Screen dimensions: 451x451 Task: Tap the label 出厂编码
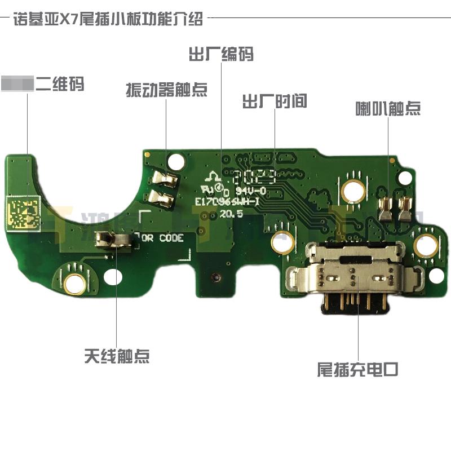click(x=221, y=54)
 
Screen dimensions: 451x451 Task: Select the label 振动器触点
click(x=166, y=90)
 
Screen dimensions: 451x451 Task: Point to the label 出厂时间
click(x=275, y=102)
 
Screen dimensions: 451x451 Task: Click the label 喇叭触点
click(x=388, y=108)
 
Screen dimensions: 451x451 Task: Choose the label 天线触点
click(x=117, y=356)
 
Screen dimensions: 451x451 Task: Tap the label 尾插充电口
click(x=358, y=370)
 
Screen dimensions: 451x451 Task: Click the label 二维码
click(x=60, y=85)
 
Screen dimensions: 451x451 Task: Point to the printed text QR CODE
click(x=163, y=238)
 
